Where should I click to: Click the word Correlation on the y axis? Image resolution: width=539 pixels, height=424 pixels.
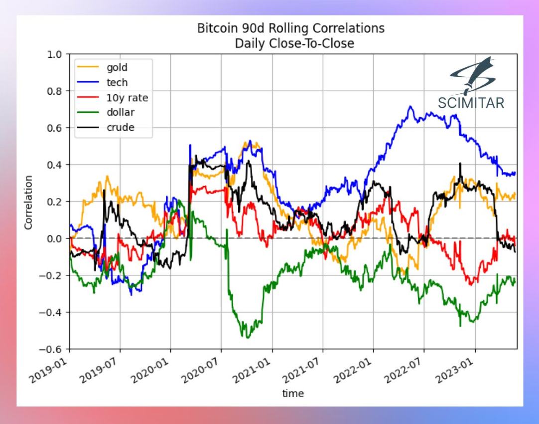28,202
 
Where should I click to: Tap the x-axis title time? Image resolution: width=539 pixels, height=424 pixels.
293,394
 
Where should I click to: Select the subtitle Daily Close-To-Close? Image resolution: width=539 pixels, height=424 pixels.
291,43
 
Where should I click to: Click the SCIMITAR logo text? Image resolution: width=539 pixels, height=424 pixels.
471,103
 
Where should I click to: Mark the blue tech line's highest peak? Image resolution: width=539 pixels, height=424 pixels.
410,106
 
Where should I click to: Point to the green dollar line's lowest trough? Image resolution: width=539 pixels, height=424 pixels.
247,338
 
